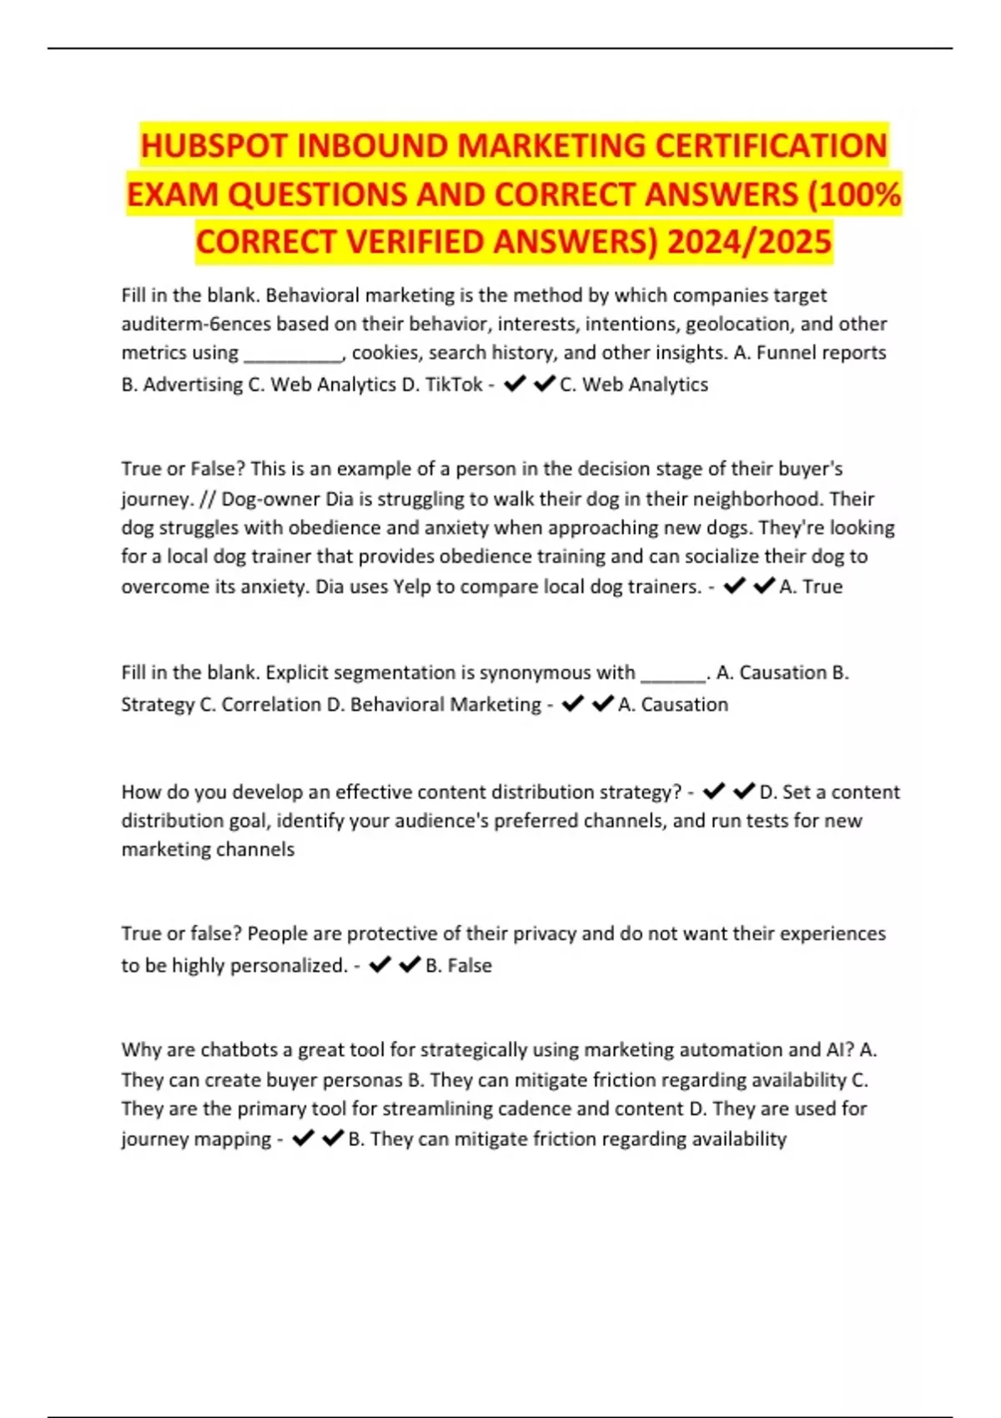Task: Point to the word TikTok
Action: coord(454,385)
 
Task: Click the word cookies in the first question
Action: coord(388,353)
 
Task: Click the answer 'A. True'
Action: coord(811,586)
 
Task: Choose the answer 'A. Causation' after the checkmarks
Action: coord(673,705)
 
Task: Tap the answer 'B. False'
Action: coord(459,965)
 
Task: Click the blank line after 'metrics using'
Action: coord(293,355)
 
